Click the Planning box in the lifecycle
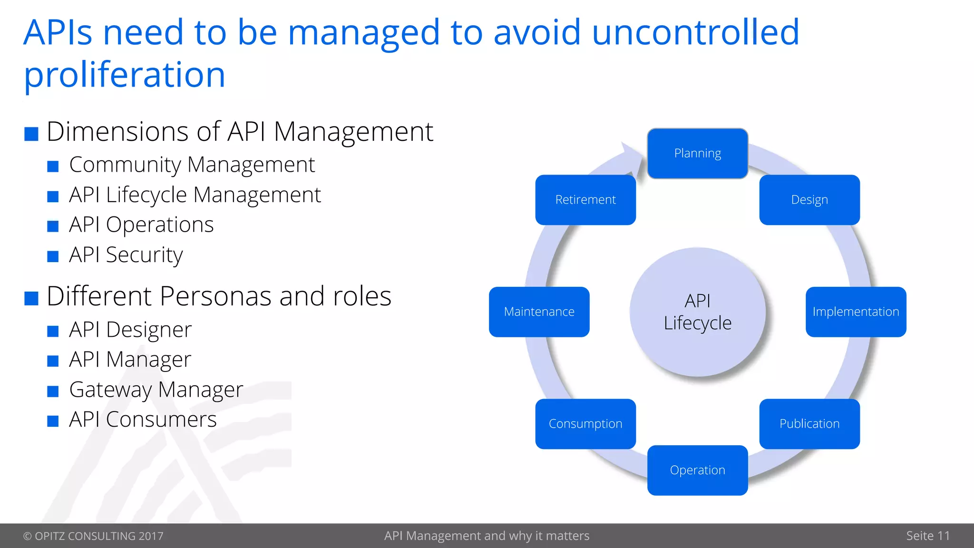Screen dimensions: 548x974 (697, 153)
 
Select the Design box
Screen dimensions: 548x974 (809, 200)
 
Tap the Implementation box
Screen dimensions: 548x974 (856, 312)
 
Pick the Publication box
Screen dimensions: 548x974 (809, 423)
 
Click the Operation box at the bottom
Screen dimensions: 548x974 (697, 470)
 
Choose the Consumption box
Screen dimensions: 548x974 (585, 423)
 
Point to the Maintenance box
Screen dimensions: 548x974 (539, 312)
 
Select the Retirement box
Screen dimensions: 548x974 (585, 200)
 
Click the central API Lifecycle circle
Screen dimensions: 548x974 (697, 312)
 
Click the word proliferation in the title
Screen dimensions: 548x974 (125, 75)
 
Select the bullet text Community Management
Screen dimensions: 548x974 (192, 165)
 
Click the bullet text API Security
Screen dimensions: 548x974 (126, 255)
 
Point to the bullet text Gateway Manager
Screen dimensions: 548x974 (156, 390)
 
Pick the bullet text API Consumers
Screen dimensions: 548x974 (143, 420)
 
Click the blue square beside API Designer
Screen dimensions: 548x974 (53, 331)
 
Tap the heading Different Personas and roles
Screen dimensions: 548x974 (219, 296)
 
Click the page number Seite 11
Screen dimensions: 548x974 (927, 536)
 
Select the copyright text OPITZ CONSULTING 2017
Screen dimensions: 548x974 (93, 536)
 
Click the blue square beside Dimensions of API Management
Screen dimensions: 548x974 (31, 134)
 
